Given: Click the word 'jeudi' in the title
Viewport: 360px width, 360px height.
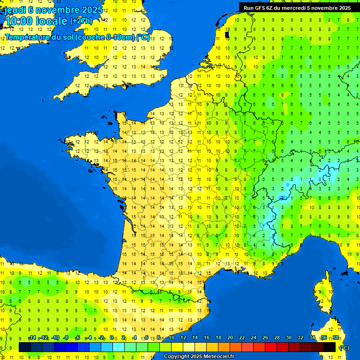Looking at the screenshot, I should (x=15, y=10).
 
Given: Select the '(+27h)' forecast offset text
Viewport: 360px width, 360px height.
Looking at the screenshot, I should (x=81, y=21).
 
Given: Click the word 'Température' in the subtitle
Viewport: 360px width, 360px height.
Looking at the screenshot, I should (x=27, y=37).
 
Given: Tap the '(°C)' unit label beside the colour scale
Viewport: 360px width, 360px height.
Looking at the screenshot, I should (x=344, y=348).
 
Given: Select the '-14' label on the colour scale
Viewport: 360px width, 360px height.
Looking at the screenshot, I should (x=32, y=337).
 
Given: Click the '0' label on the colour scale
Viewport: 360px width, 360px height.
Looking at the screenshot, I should (x=112, y=337).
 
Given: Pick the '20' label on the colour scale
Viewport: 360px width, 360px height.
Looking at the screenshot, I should (x=230, y=337).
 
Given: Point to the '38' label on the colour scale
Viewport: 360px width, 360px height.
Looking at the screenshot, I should (x=336, y=337).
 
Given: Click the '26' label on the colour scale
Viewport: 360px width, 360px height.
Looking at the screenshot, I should (x=265, y=337).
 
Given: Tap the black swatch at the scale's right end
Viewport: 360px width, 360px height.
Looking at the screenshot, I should (x=330, y=347).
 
